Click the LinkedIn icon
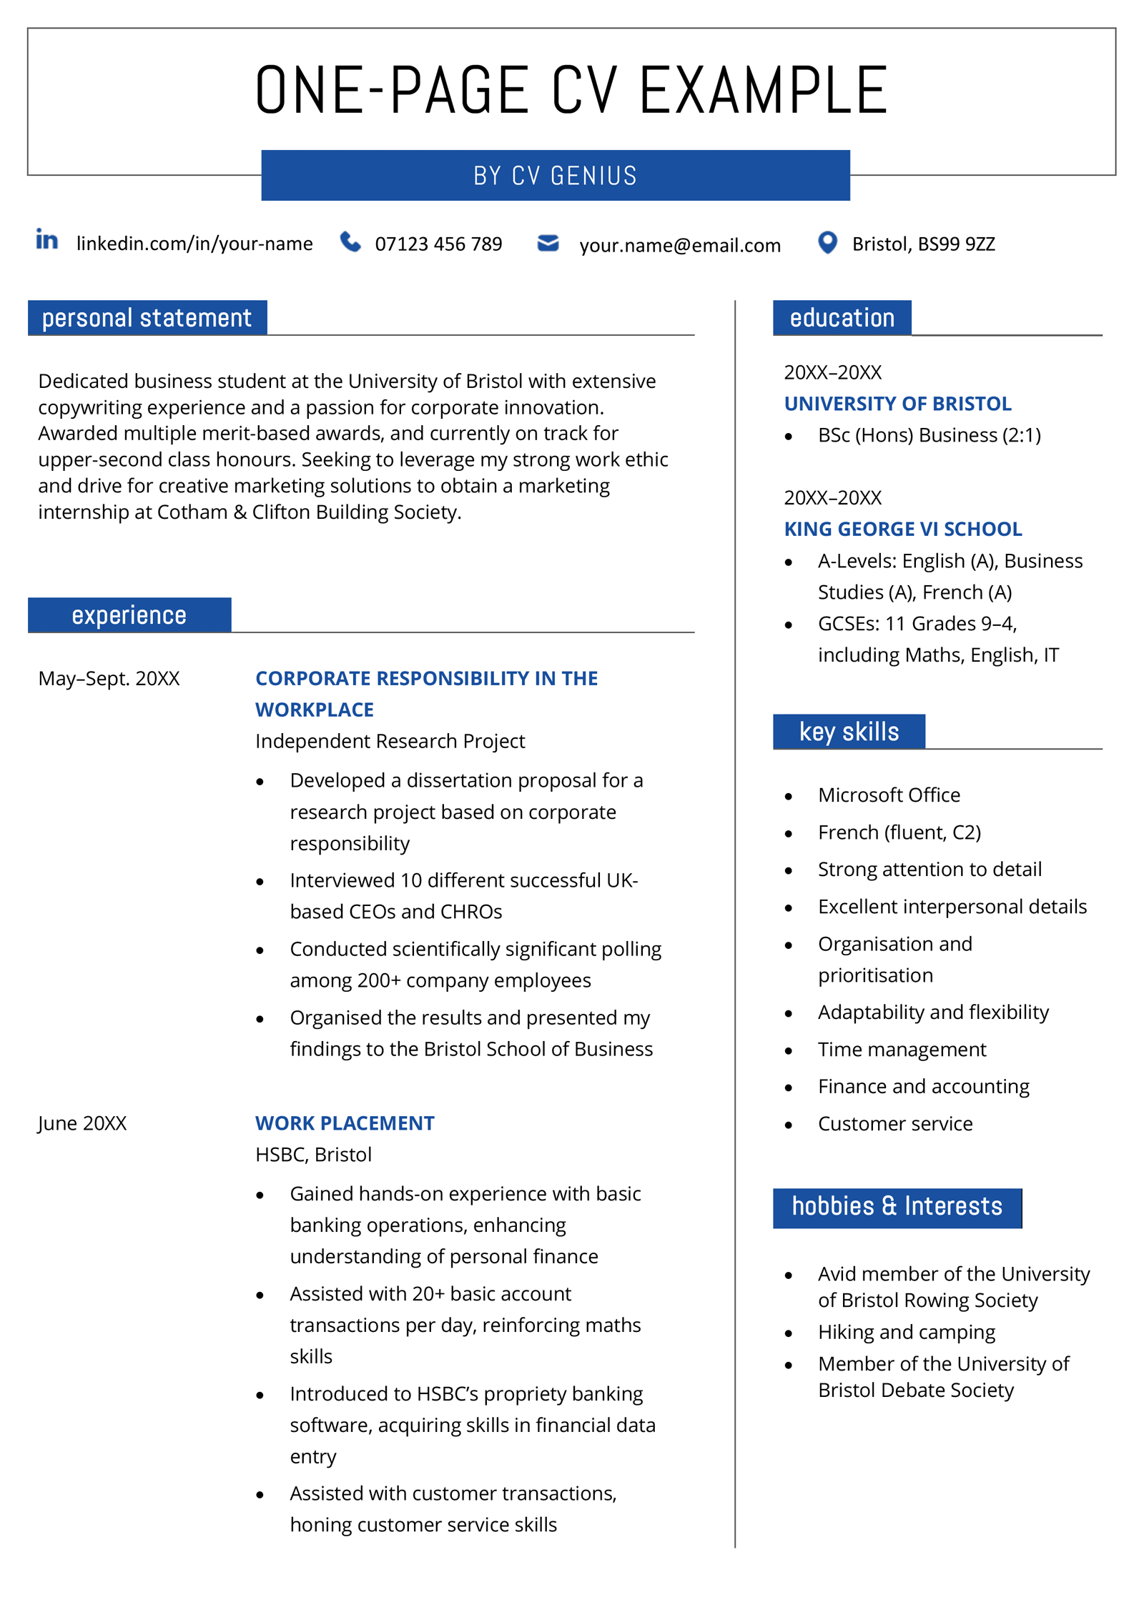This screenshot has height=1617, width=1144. pos(47,240)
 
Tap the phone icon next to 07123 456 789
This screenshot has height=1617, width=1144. pos(350,242)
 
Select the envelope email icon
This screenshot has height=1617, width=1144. pos(548,243)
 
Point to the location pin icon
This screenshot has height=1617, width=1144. pos(827,243)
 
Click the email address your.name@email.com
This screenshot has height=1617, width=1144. pos(679,245)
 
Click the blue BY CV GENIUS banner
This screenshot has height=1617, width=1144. pos(555,176)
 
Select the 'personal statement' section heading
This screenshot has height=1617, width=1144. pos(147,318)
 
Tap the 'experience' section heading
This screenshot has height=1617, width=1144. pos(129,615)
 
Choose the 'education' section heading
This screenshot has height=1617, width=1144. pos(842,318)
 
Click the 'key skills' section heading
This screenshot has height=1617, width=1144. pos(849,732)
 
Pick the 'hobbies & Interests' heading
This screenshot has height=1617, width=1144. pos(897,1207)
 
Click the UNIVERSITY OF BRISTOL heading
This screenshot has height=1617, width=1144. pos(897,404)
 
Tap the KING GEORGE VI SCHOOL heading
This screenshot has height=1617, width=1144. pos(902,529)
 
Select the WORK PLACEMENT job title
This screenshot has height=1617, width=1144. pos(345,1123)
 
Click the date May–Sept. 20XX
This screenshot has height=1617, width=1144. pos(109,678)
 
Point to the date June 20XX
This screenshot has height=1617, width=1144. pos(82,1123)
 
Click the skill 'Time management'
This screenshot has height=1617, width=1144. pos(902,1050)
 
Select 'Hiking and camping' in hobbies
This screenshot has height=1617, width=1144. pos(906,1333)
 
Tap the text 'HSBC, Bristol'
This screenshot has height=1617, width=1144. pos(313,1155)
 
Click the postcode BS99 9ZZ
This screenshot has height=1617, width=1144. pos(956,244)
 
